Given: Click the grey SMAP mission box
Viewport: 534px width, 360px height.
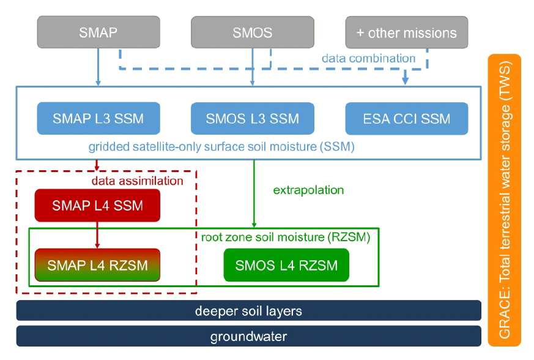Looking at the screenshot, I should [x=98, y=32].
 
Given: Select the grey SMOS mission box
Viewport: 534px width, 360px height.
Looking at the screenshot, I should [x=252, y=32].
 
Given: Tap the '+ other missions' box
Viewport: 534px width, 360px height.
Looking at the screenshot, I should [x=406, y=32].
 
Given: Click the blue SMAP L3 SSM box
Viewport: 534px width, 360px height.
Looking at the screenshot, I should [x=98, y=119].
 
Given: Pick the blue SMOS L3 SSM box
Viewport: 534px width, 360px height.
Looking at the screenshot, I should [x=252, y=119].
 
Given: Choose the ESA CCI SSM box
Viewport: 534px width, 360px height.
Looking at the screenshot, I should [x=406, y=119].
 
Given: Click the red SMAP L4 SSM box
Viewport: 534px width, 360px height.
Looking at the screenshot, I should [x=97, y=206].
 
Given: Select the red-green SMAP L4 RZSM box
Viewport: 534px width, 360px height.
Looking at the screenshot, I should [x=97, y=265].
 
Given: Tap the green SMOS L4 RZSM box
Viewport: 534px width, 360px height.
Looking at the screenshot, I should [x=286, y=265].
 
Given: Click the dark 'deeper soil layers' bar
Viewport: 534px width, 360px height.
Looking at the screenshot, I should [x=248, y=311].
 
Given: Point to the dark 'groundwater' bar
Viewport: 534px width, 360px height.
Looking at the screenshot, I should [x=248, y=336].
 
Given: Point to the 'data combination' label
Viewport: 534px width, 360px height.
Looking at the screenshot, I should [x=369, y=59].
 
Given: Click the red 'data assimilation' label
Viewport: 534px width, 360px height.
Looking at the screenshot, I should [x=137, y=181].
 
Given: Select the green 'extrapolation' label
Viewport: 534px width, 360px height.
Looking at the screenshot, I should [x=308, y=190].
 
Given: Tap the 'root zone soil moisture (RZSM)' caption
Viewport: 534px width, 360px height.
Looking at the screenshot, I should [x=286, y=236].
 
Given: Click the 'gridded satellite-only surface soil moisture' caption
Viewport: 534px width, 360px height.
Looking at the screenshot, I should [x=221, y=147].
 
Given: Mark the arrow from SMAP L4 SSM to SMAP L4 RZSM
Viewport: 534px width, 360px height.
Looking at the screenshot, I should [x=97, y=235].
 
